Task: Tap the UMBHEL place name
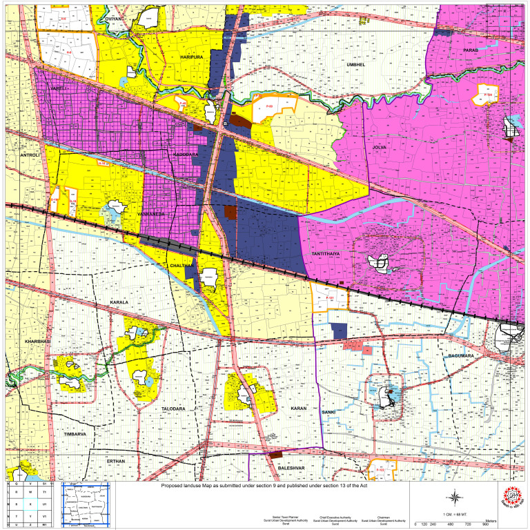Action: coord(358,63)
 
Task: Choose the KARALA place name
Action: coord(120,303)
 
